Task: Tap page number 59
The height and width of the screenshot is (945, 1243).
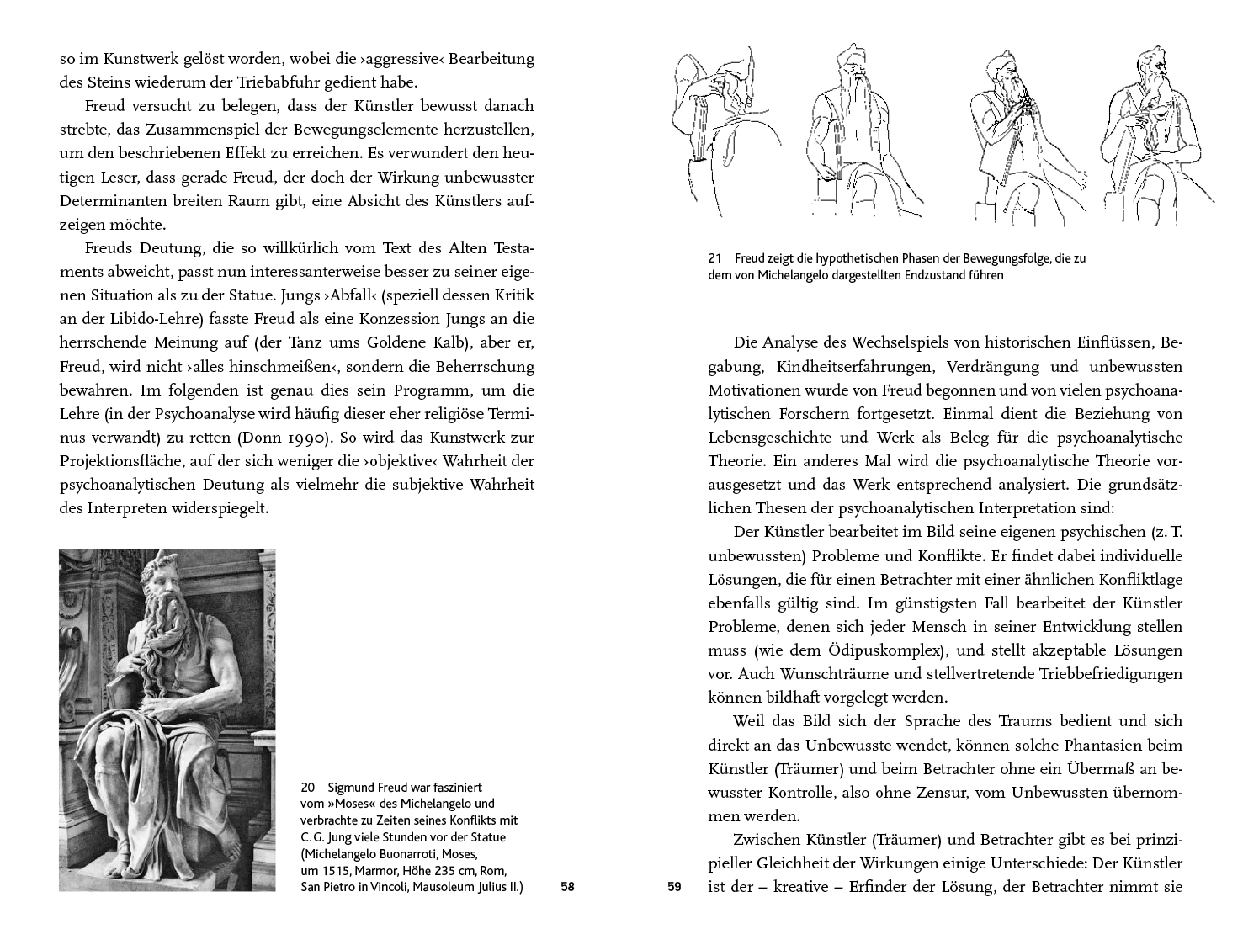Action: point(673,887)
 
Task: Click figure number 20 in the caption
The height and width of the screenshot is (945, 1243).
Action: point(307,788)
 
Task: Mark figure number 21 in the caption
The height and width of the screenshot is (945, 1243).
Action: point(715,258)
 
